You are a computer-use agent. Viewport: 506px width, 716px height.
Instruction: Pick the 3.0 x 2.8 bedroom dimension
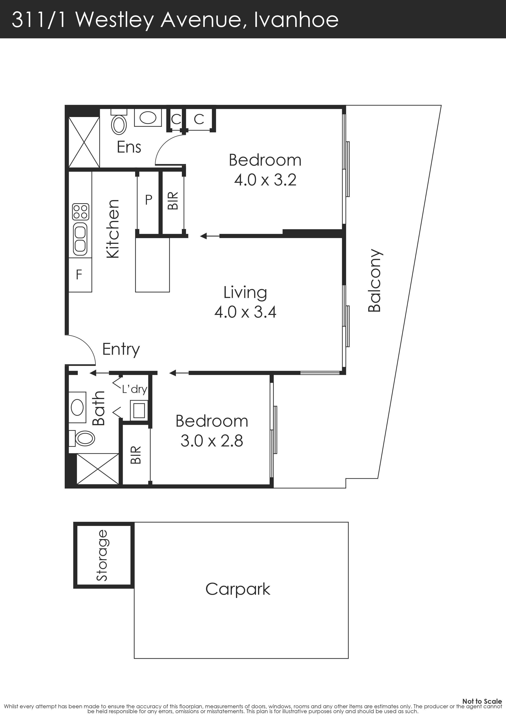tap(212, 441)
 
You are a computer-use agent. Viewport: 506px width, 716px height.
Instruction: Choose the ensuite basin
tap(148, 118)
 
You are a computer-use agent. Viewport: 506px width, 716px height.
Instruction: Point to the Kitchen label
tap(113, 229)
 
